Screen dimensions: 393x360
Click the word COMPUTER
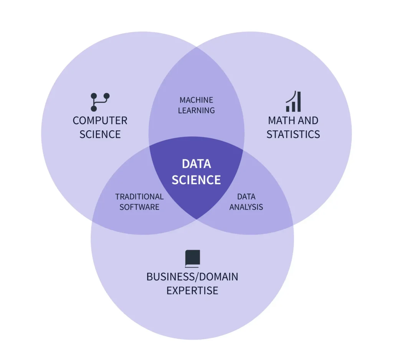100,121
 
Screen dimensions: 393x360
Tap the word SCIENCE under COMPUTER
100,134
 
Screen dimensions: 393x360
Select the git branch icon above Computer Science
100,102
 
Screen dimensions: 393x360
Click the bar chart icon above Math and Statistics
293,101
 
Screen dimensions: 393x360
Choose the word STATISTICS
293,134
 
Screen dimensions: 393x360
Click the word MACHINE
196,100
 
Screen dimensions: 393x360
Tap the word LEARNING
196,110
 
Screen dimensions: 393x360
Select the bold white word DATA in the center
196,164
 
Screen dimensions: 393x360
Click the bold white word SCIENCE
196,180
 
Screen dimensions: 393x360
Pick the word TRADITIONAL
139,197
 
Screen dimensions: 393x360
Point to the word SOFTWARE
139,207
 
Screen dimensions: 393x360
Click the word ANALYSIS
246,207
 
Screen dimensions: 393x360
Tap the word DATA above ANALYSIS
246,197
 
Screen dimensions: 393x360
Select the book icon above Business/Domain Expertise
193,259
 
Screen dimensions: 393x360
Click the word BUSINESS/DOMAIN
192,277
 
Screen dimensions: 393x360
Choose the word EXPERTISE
192,291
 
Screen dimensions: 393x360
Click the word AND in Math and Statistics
308,121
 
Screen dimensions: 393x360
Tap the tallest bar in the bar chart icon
299,102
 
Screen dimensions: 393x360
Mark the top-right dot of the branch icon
107,96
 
